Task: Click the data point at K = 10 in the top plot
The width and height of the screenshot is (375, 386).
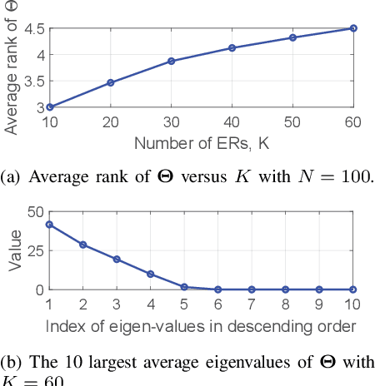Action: (49, 106)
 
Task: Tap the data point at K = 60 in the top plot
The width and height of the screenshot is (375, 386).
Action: (353, 28)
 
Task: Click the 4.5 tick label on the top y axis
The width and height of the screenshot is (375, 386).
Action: (34, 28)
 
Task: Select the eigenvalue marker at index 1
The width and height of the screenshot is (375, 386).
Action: (49, 225)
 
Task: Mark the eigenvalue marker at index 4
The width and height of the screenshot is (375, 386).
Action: (151, 274)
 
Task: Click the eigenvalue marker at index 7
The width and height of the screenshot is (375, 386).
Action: (252, 289)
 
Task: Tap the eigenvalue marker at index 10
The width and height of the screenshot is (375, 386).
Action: (353, 289)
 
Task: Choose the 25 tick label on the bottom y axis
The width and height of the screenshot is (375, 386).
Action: (34, 250)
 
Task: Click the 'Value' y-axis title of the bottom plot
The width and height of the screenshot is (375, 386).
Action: (13, 251)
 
